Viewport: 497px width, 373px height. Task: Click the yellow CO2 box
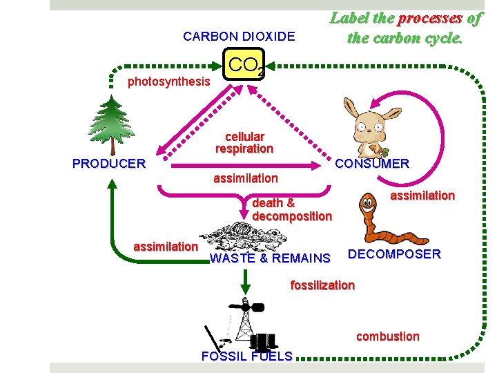[x=244, y=66]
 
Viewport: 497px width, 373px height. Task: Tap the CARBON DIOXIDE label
[x=239, y=37]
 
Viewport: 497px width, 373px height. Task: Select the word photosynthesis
[x=169, y=82]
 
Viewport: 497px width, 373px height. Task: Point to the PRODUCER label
[x=109, y=164]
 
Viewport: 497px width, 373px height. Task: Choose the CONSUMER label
[x=371, y=164]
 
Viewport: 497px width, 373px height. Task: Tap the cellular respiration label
[x=244, y=143]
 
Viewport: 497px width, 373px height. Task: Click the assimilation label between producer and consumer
[x=246, y=179]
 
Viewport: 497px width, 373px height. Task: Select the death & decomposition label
[x=291, y=209]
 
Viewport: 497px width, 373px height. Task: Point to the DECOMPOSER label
[x=394, y=254]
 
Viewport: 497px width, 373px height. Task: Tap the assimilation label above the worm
[x=422, y=195]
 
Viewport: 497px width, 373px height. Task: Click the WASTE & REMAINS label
[x=270, y=258]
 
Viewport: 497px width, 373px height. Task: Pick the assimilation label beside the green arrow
[x=166, y=246]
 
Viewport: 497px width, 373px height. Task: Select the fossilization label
[x=322, y=285]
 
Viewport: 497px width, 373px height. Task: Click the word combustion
[x=387, y=336]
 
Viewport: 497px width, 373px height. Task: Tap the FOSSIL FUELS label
[x=246, y=356]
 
